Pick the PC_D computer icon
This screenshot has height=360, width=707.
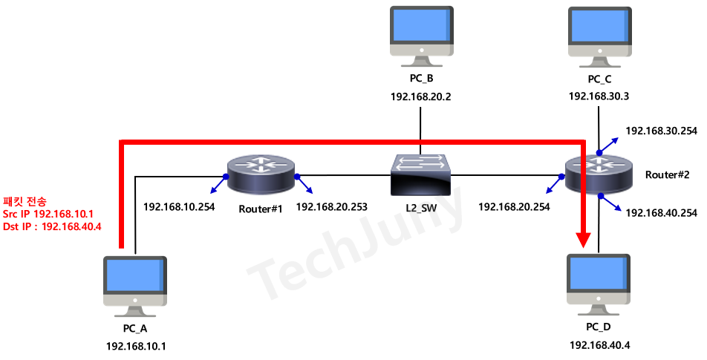(x=599, y=282)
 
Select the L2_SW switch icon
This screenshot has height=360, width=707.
(x=421, y=174)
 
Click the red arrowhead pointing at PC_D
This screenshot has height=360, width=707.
(x=584, y=238)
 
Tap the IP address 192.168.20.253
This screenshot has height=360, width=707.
(x=331, y=207)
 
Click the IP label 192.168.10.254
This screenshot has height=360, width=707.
(x=178, y=207)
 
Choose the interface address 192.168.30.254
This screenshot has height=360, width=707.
(x=661, y=131)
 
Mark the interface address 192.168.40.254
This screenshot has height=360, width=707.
(x=661, y=213)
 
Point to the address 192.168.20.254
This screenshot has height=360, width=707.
(x=514, y=207)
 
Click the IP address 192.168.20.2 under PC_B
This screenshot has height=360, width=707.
(x=421, y=96)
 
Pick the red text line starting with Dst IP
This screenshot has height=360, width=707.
(x=52, y=226)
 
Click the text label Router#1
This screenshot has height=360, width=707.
(x=261, y=209)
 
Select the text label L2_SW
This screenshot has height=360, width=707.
(x=420, y=209)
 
